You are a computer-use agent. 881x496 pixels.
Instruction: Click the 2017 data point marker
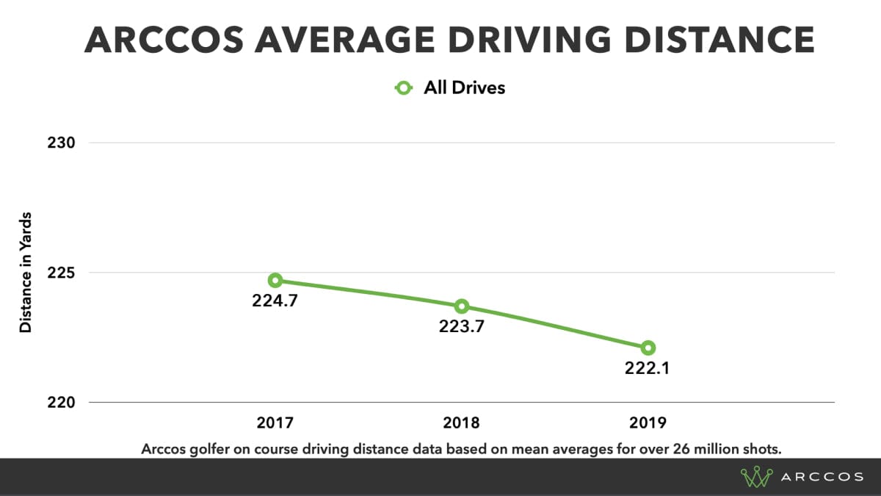(275, 280)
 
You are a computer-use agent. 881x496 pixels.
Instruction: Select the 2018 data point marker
(461, 306)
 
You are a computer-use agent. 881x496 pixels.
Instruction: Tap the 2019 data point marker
(647, 348)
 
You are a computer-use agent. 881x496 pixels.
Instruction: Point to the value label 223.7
(461, 327)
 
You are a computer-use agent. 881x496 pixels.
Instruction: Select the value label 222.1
(647, 368)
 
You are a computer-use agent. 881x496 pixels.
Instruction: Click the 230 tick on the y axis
(61, 143)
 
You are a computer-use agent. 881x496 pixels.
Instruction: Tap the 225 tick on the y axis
(61, 273)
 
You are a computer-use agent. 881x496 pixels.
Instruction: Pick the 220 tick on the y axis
(61, 403)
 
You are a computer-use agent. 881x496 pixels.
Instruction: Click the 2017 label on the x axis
(275, 423)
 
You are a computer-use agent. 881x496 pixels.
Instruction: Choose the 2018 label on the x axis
(461, 423)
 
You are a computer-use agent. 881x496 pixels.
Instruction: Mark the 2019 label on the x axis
(647, 423)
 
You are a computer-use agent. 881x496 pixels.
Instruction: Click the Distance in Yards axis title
(26, 273)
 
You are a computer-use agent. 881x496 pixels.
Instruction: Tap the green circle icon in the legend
(404, 88)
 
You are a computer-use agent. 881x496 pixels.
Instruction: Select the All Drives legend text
(464, 88)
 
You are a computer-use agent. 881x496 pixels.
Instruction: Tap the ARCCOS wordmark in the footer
(822, 477)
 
